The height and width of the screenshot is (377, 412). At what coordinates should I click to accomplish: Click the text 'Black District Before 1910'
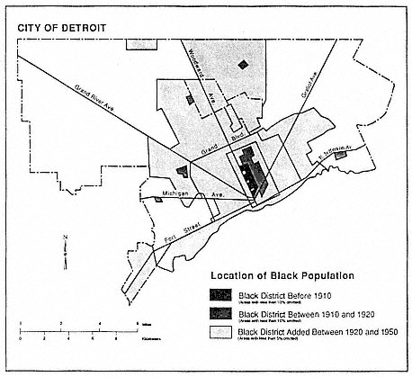pyautogui.click(x=280, y=293)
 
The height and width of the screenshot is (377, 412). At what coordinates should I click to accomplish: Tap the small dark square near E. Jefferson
pyautogui.click(x=341, y=157)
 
